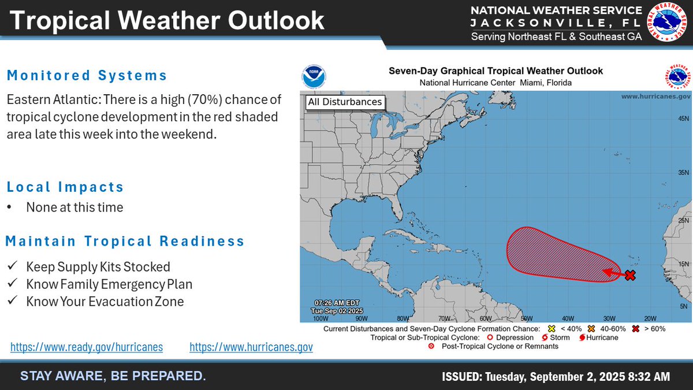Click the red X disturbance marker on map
[630, 276]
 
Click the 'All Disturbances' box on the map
[345, 102]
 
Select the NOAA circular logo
[314, 77]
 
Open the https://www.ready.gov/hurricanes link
[87, 347]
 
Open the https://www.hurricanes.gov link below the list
[251, 347]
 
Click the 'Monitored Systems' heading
[87, 75]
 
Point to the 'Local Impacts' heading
[65, 187]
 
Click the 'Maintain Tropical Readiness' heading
[125, 241]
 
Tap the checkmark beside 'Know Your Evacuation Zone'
[12, 302]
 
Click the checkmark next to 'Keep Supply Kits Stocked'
[12, 267]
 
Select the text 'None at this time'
[74, 207]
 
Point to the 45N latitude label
[683, 118]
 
